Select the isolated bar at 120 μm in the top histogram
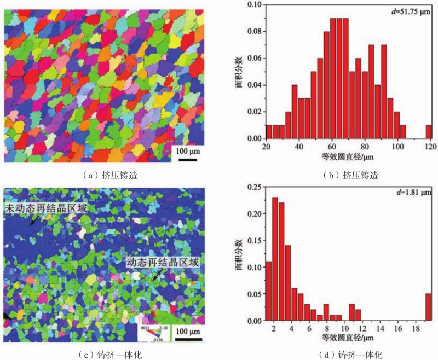(x=428, y=132)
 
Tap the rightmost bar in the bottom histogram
(x=428, y=307)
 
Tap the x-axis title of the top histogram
(x=347, y=157)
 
